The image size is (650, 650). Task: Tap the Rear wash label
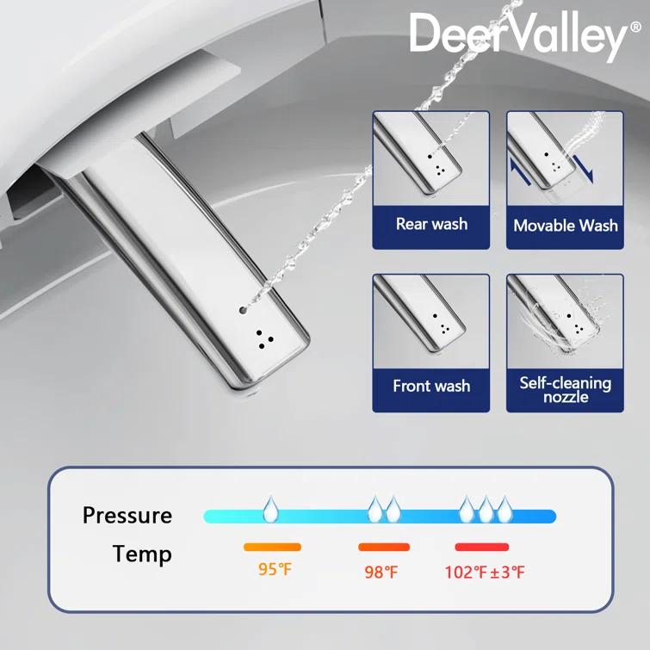point(431,224)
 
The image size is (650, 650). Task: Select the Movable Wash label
point(565,226)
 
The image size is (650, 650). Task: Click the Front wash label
point(431,386)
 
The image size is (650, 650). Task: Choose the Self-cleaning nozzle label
point(565,389)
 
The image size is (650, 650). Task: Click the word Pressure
point(127,516)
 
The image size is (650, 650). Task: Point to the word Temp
point(142,554)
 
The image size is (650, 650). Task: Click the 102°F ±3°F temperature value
point(484,572)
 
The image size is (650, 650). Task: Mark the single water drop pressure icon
point(271,508)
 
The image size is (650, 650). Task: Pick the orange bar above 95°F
point(272,547)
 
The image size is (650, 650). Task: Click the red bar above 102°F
point(482,547)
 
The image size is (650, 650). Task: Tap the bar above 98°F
point(384,547)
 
